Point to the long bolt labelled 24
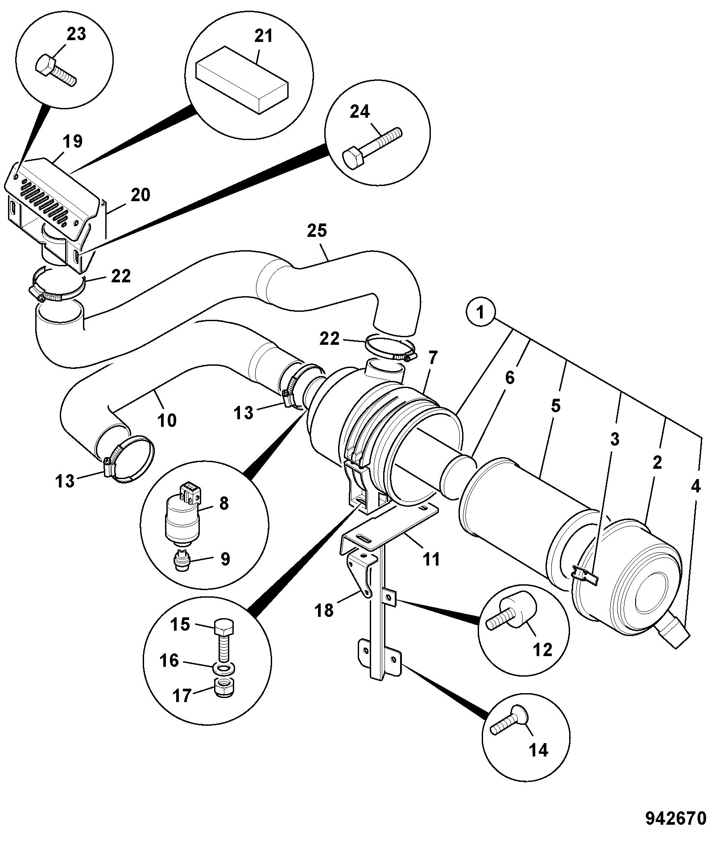pos(372,148)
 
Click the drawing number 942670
pos(676,818)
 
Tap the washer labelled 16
pos(223,669)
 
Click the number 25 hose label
pos(317,231)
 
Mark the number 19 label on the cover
pos(73,141)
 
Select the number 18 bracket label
pos(324,610)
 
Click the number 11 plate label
pos(431,559)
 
